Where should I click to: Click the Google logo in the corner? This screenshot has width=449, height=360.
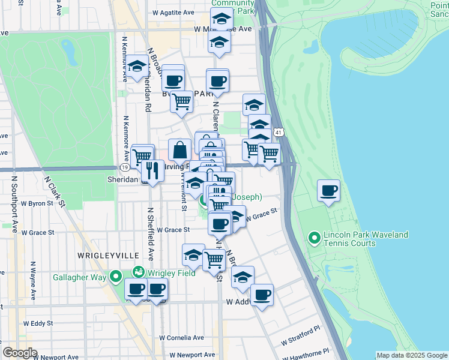point(20,353)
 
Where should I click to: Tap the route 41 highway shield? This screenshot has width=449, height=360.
point(277,131)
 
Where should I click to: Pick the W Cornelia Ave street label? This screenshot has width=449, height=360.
point(182,338)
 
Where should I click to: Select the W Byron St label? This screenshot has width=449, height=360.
point(38,203)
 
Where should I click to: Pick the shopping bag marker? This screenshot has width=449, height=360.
point(179,150)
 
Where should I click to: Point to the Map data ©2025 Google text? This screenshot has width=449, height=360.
point(412,355)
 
